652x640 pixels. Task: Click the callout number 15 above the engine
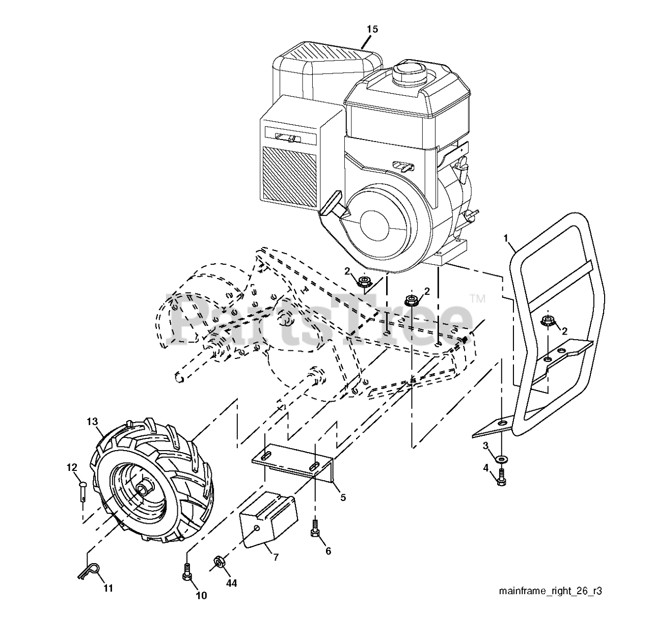coord(372,29)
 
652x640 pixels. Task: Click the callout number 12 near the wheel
coord(72,467)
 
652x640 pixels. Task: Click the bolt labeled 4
coord(501,478)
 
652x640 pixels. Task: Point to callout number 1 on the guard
coord(505,238)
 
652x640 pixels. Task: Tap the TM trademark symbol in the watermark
coord(477,298)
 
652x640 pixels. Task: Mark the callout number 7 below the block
coord(276,557)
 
